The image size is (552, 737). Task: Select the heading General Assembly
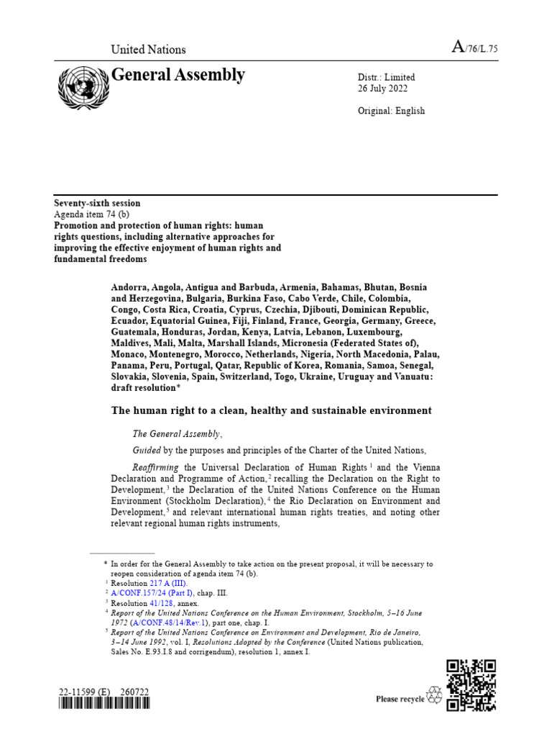pos(178,75)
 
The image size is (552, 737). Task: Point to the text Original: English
pos(391,111)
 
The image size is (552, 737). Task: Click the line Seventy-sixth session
pos(98,204)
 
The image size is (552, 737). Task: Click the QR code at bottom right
pos(471,684)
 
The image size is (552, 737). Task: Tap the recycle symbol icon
pos(436,695)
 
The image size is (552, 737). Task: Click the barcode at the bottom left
pos(103,705)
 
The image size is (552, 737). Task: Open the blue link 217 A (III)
pos(167,583)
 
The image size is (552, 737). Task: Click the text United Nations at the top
pos(148,50)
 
